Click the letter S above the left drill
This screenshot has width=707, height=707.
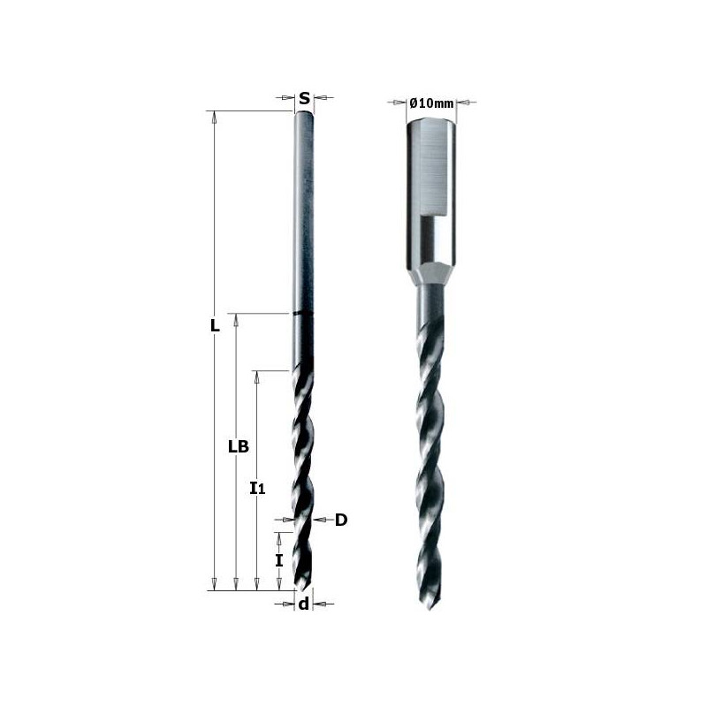[x=304, y=98]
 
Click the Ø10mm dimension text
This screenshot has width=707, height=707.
[x=432, y=103]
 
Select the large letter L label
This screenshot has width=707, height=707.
[x=214, y=325]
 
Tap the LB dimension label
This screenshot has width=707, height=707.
[x=237, y=446]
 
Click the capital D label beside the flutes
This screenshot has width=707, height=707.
[x=341, y=520]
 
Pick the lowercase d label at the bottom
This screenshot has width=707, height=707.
[x=303, y=604]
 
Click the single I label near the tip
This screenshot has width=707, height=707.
[x=279, y=560]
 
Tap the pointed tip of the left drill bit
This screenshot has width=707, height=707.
[x=302, y=590]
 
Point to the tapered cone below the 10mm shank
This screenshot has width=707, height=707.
[x=430, y=273]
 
